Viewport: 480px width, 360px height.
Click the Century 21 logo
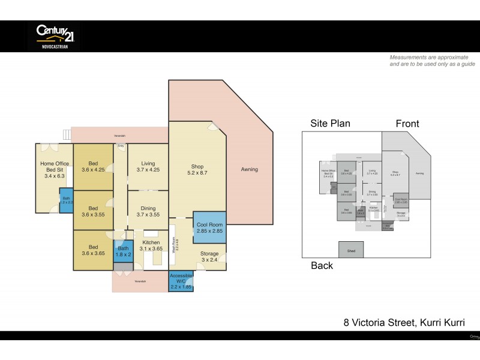[x=54, y=36]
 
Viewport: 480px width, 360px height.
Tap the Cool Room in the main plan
[x=209, y=227]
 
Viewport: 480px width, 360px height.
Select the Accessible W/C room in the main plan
[x=181, y=281]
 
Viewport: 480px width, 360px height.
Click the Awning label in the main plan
[x=249, y=169]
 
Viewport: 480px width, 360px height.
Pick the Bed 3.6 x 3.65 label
[x=93, y=250]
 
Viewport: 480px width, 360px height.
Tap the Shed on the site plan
[x=350, y=250]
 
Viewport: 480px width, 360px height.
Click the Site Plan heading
[x=330, y=124]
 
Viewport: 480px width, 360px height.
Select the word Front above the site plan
[x=407, y=124]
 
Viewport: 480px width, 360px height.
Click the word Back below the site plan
[x=322, y=266]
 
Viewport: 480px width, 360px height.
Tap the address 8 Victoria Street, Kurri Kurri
[x=403, y=322]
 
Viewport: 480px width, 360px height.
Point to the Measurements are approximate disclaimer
[x=432, y=60]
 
